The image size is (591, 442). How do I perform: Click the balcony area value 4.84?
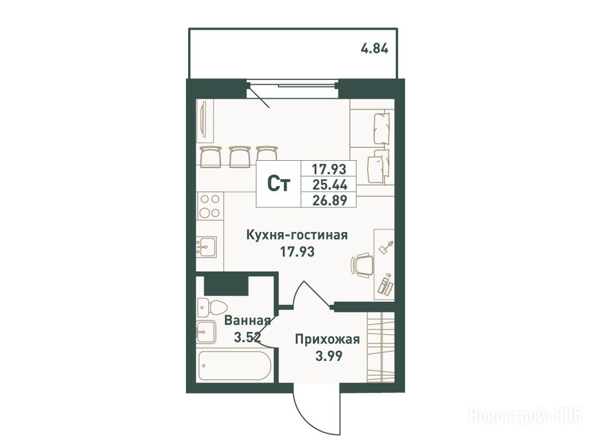tap(374, 49)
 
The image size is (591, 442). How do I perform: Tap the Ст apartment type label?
tap(279, 184)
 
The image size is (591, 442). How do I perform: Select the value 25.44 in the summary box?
tap(329, 184)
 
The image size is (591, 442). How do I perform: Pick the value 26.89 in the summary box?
tap(329, 200)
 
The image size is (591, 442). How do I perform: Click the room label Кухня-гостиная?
tap(297, 235)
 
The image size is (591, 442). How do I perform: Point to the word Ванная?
tap(247, 321)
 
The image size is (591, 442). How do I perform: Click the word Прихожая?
tap(328, 339)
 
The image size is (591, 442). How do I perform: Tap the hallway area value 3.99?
tap(329, 356)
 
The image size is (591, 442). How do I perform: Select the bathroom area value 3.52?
tap(247, 337)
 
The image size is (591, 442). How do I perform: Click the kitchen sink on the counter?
tap(206, 247)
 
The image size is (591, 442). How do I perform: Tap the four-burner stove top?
tap(210, 206)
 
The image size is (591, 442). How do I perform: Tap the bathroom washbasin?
tap(206, 332)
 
